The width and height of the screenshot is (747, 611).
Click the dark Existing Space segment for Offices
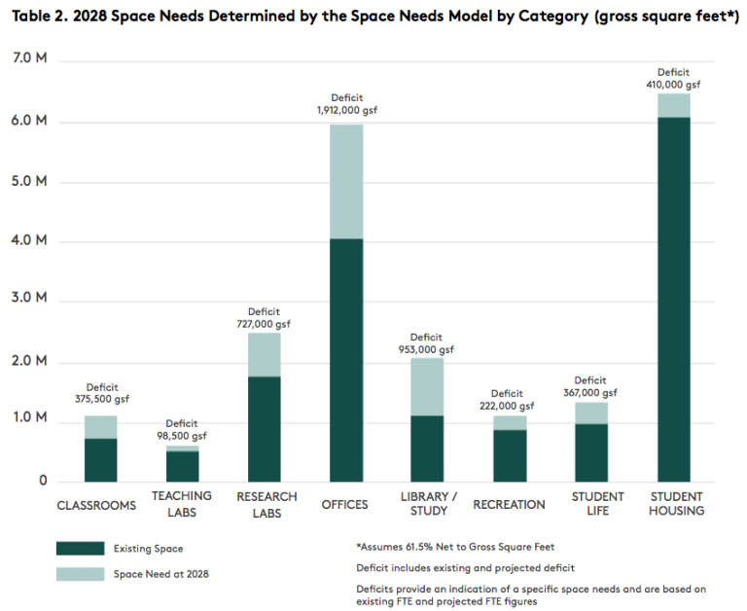345,360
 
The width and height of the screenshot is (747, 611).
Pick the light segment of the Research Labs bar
264,354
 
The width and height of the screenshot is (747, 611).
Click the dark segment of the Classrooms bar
100,460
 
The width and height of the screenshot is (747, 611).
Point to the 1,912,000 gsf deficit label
346,110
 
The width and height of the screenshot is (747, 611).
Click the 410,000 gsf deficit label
673,85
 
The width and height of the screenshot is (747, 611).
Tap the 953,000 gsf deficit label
426,349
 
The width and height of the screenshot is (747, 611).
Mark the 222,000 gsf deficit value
508,406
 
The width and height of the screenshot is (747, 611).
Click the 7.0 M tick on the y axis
30,60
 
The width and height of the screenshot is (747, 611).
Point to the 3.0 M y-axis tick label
30,301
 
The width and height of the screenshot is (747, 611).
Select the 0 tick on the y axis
42,481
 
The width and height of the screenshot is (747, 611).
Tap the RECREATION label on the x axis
509,504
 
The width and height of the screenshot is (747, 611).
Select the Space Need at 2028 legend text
161,574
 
